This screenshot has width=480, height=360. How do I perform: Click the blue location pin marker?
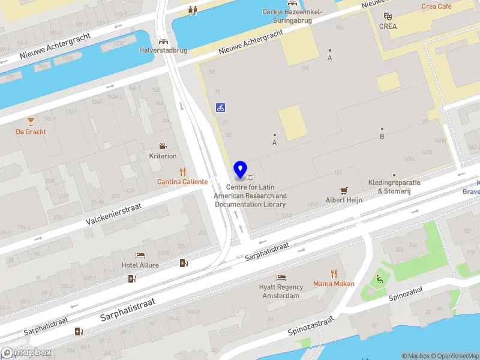241,170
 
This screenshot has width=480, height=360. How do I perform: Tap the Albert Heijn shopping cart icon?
344,190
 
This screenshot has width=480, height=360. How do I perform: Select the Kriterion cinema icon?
163,146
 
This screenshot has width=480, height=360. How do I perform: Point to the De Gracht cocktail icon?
31,122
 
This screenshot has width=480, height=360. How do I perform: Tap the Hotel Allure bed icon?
140,256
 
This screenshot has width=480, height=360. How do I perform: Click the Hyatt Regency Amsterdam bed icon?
281,277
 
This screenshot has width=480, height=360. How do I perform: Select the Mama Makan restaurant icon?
334,274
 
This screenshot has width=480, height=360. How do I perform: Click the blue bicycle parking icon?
221,108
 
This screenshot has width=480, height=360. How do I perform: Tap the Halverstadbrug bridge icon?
163,41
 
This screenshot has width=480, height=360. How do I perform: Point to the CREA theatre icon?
388,16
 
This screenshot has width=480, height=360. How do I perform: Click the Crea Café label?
436,7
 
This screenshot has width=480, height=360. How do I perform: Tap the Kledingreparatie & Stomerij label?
394,187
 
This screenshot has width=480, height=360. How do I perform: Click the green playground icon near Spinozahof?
379,278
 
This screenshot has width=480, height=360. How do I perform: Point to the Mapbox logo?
26,353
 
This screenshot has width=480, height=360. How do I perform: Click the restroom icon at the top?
193,10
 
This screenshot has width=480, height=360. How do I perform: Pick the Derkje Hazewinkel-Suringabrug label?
293,16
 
